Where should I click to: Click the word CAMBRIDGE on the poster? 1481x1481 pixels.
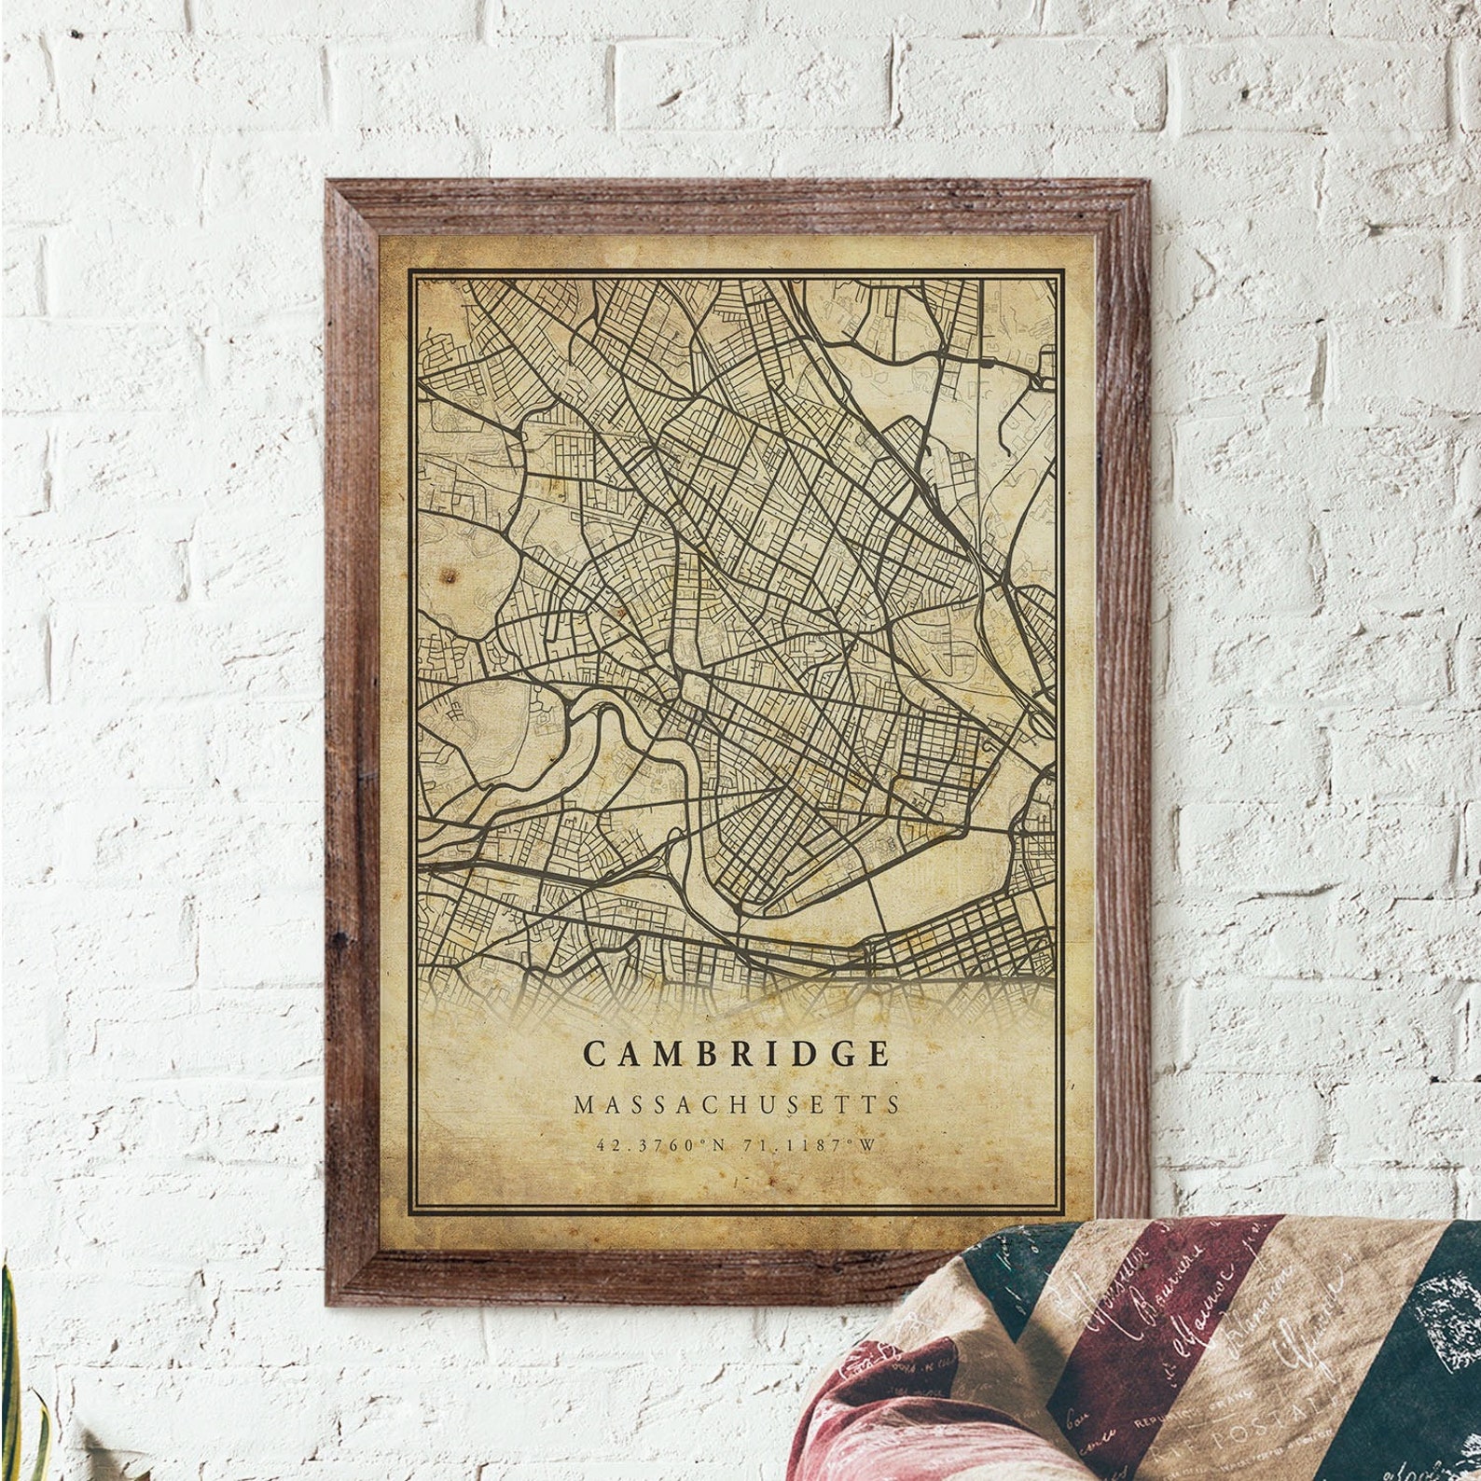pyautogui.click(x=736, y=1053)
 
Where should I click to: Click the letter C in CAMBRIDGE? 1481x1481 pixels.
pyautogui.click(x=594, y=1054)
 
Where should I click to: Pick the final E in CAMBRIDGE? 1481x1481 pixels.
pyautogui.click(x=877, y=1054)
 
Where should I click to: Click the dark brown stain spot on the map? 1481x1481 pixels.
pyautogui.click(x=452, y=574)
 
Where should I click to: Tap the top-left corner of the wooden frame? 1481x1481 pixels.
pyautogui.click(x=329, y=180)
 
